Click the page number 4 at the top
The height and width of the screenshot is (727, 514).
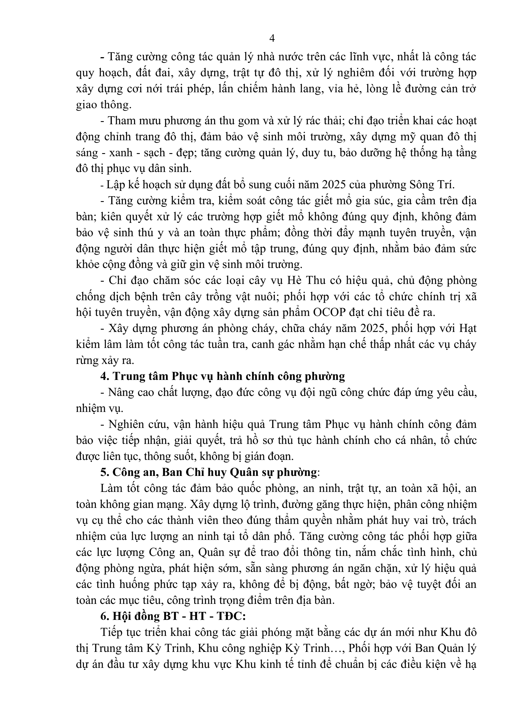pos(272,39)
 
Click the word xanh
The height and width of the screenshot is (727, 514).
pos(120,153)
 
